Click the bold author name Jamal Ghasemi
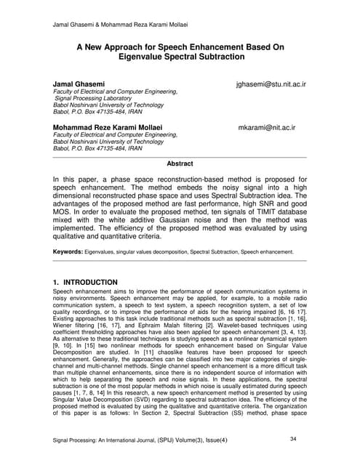79,85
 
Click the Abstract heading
180,164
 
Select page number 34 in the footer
293,439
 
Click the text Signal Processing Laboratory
92,100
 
